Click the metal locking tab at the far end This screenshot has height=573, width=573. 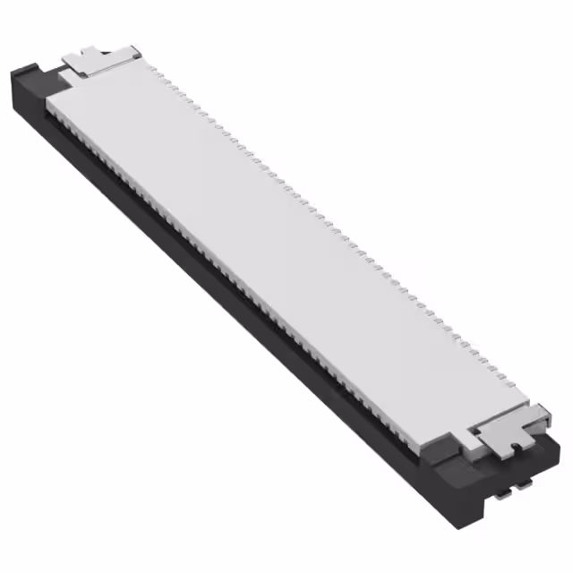click(x=98, y=59)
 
